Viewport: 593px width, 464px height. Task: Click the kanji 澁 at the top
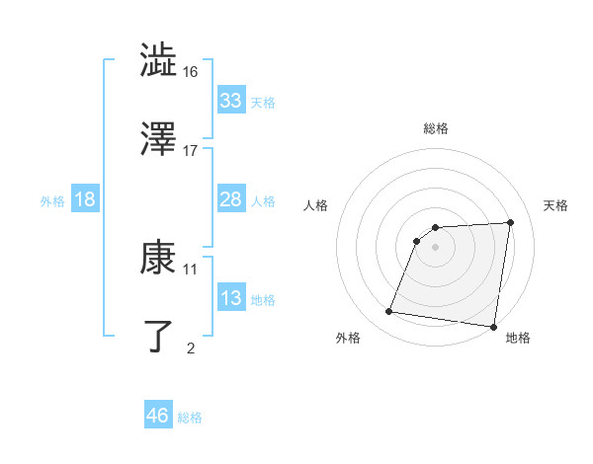pyautogui.click(x=159, y=61)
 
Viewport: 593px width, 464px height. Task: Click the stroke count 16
pyautogui.click(x=191, y=71)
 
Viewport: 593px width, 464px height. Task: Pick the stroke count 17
pyautogui.click(x=191, y=150)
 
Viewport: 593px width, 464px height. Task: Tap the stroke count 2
pyautogui.click(x=191, y=348)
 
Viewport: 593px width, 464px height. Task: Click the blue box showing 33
pyautogui.click(x=230, y=101)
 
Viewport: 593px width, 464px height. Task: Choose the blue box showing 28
pyautogui.click(x=230, y=199)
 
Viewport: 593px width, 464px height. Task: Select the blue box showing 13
pyautogui.click(x=230, y=298)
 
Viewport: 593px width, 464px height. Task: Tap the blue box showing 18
pyautogui.click(x=85, y=199)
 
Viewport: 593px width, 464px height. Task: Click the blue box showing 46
pyautogui.click(x=157, y=416)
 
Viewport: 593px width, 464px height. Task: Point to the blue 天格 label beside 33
pyautogui.click(x=263, y=103)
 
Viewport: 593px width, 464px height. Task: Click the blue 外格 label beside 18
pyautogui.click(x=52, y=201)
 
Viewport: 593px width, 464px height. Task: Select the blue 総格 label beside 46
pyautogui.click(x=190, y=418)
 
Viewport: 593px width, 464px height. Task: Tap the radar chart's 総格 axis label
pyautogui.click(x=436, y=128)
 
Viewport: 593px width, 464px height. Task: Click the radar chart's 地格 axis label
pyautogui.click(x=518, y=339)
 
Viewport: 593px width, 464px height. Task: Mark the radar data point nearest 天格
pyautogui.click(x=511, y=222)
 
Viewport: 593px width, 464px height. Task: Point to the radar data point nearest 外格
pyautogui.click(x=389, y=312)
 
